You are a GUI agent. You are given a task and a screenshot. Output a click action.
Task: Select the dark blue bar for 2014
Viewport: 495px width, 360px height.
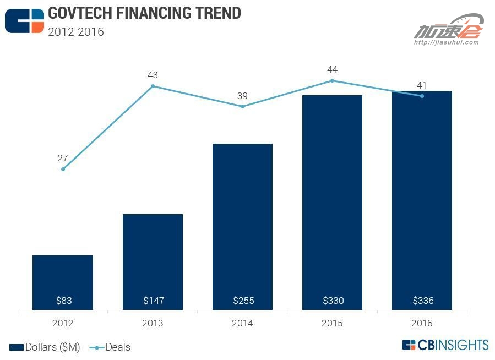tap(242, 226)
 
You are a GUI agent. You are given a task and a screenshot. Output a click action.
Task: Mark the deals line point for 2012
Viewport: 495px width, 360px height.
tap(63, 169)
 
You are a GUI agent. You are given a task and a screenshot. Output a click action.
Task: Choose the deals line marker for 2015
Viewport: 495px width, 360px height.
tap(332, 80)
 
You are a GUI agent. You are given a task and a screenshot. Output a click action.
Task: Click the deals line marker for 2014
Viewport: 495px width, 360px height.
tap(242, 106)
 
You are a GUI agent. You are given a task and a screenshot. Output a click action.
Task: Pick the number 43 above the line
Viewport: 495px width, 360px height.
tap(153, 75)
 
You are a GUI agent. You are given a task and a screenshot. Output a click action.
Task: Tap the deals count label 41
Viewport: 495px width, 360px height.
tap(422, 85)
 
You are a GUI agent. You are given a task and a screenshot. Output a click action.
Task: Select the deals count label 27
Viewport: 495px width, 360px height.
tap(63, 159)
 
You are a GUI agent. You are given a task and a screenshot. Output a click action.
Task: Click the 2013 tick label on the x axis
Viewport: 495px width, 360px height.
tap(153, 323)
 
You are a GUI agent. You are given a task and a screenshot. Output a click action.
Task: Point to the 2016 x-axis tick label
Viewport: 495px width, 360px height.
tap(422, 323)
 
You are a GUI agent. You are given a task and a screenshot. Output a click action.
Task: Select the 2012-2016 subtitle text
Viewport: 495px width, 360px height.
tap(76, 31)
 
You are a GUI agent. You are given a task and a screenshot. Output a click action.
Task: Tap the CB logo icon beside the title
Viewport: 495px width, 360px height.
tap(24, 20)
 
